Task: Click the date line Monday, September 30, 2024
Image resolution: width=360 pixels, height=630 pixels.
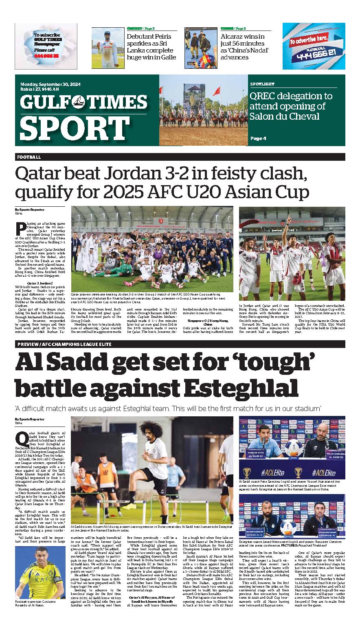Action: [x=50, y=84]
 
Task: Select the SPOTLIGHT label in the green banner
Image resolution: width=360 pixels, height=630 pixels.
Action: [x=262, y=84]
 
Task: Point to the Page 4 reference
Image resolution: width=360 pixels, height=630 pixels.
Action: [x=259, y=138]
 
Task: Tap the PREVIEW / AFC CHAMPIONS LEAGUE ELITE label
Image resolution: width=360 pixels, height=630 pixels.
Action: [x=64, y=344]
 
